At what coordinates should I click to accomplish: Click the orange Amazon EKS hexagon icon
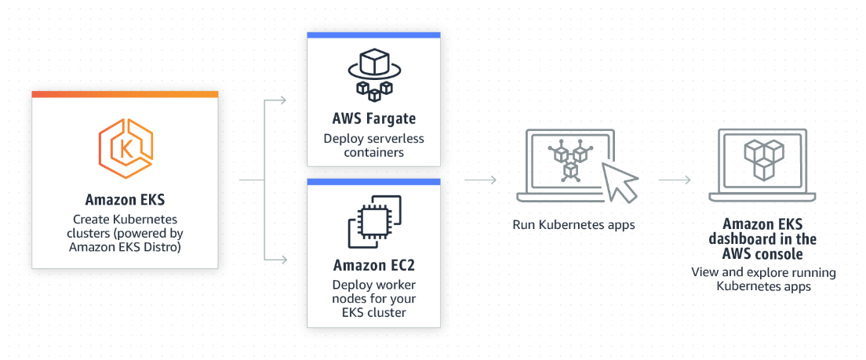pyautogui.click(x=126, y=147)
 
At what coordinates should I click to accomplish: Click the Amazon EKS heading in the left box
pyautogui.click(x=125, y=199)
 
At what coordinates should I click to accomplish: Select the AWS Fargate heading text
pyautogui.click(x=373, y=119)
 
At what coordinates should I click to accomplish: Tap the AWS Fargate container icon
pyautogui.click(x=373, y=75)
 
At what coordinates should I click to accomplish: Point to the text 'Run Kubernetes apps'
pyautogui.click(x=573, y=224)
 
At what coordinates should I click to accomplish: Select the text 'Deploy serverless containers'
pyautogui.click(x=373, y=145)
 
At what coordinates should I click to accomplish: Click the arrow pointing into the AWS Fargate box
pyautogui.click(x=276, y=101)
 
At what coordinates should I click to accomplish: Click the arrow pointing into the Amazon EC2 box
pyautogui.click(x=276, y=258)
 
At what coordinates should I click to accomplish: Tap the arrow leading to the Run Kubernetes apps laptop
pyautogui.click(x=481, y=180)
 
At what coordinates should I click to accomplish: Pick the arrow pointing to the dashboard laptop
pyautogui.click(x=675, y=180)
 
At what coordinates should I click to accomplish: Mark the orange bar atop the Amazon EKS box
pyautogui.click(x=125, y=94)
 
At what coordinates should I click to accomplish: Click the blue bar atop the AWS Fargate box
pyautogui.click(x=373, y=35)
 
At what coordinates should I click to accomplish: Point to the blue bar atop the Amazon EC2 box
pyautogui.click(x=373, y=181)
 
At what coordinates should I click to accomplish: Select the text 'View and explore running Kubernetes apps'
pyautogui.click(x=763, y=280)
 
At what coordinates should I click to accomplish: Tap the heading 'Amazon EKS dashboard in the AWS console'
pyautogui.click(x=763, y=238)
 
